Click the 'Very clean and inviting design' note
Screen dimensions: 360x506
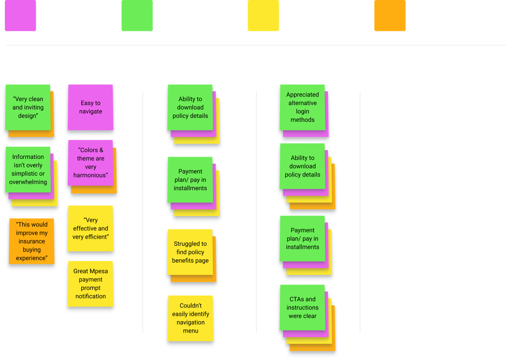coord(28,107)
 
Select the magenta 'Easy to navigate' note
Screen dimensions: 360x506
coord(91,107)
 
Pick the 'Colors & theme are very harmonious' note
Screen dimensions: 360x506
coord(90,162)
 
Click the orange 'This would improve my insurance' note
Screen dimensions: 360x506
coord(31,241)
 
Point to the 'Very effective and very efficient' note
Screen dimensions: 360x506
coord(91,228)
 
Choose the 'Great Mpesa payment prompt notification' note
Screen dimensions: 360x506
coord(91,284)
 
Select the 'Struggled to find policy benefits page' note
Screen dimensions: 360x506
coord(190,252)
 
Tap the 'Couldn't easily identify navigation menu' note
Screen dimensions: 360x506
coord(190,318)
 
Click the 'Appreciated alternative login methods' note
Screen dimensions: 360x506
coord(302,107)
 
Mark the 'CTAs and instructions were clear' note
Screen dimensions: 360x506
coord(302,307)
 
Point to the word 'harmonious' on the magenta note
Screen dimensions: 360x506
coord(90,175)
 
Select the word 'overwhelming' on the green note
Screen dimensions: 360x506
coord(28,182)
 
